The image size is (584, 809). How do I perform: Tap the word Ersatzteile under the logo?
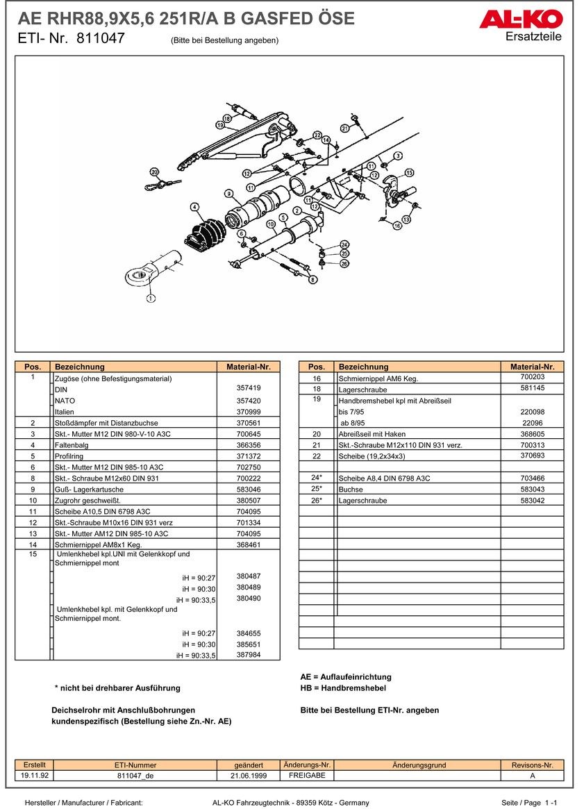pos(533,37)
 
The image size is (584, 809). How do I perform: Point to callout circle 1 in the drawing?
pos(151,299)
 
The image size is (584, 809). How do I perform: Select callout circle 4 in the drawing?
pos(194,207)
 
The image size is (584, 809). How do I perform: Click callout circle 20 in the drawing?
pos(154,172)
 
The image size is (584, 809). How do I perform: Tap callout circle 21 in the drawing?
pos(344,128)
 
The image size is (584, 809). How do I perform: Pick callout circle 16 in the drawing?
pos(397,226)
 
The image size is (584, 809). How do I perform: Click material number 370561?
pos(249,423)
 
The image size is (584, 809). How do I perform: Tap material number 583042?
pos(532,500)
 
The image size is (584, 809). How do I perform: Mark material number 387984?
pos(249,655)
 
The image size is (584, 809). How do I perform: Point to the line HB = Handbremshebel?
pos(343,688)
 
